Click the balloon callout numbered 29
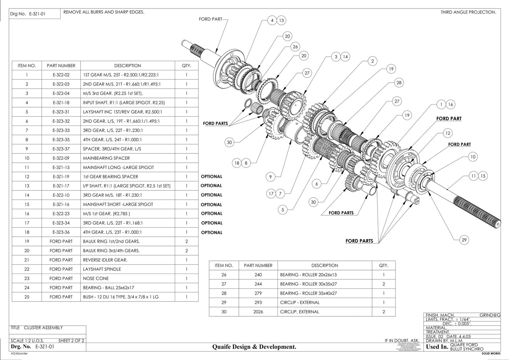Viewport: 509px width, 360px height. click(x=464, y=240)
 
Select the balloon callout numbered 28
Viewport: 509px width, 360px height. click(x=399, y=83)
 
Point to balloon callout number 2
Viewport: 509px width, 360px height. click(x=372, y=61)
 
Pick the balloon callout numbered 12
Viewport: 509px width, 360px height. click(x=447, y=133)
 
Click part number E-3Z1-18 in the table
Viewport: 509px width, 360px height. click(x=61, y=103)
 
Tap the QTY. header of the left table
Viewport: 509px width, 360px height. click(x=187, y=66)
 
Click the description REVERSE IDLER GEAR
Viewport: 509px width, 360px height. click(x=105, y=260)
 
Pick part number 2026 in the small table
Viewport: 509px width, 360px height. click(x=258, y=312)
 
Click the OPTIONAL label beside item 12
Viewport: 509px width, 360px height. click(x=211, y=176)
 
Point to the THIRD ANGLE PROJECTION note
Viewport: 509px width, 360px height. click(x=468, y=12)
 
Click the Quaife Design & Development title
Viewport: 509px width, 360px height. click(x=254, y=347)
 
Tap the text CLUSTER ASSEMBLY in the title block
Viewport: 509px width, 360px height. click(x=43, y=328)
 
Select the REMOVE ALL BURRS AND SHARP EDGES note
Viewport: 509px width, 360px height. click(x=103, y=12)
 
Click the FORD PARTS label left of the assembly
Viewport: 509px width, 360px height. click(x=215, y=124)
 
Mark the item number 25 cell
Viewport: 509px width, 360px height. click(x=27, y=297)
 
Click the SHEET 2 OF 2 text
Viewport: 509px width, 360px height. click(x=71, y=340)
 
